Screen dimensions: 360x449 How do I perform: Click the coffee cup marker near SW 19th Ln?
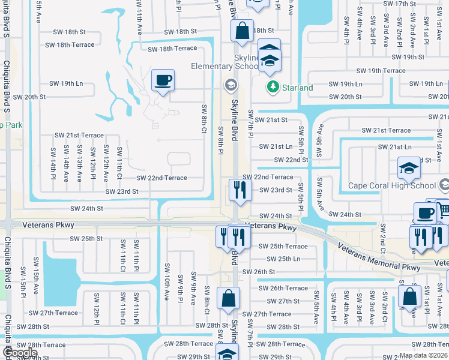click(163, 80)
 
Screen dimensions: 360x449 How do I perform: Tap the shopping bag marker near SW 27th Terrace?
click(228, 298)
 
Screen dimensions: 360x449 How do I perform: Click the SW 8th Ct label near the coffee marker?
click(204, 118)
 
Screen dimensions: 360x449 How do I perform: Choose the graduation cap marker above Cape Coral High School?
click(408, 169)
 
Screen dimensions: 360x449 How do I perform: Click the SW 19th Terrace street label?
click(377, 71)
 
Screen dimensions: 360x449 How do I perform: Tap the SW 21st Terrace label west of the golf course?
click(79, 136)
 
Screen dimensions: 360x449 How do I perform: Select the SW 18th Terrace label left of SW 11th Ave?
click(70, 45)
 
